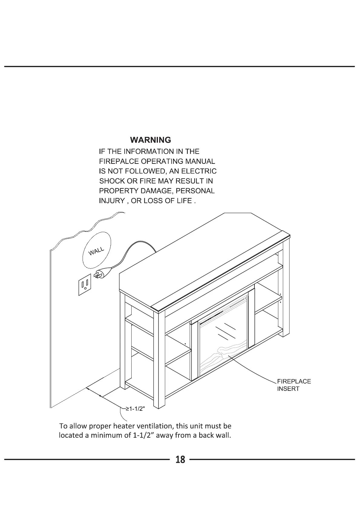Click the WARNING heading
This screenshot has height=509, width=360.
150,140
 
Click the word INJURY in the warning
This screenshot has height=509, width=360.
112,201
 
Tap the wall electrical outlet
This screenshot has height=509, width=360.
85,285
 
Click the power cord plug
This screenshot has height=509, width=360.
100,274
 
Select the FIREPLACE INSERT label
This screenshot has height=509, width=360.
293,385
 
